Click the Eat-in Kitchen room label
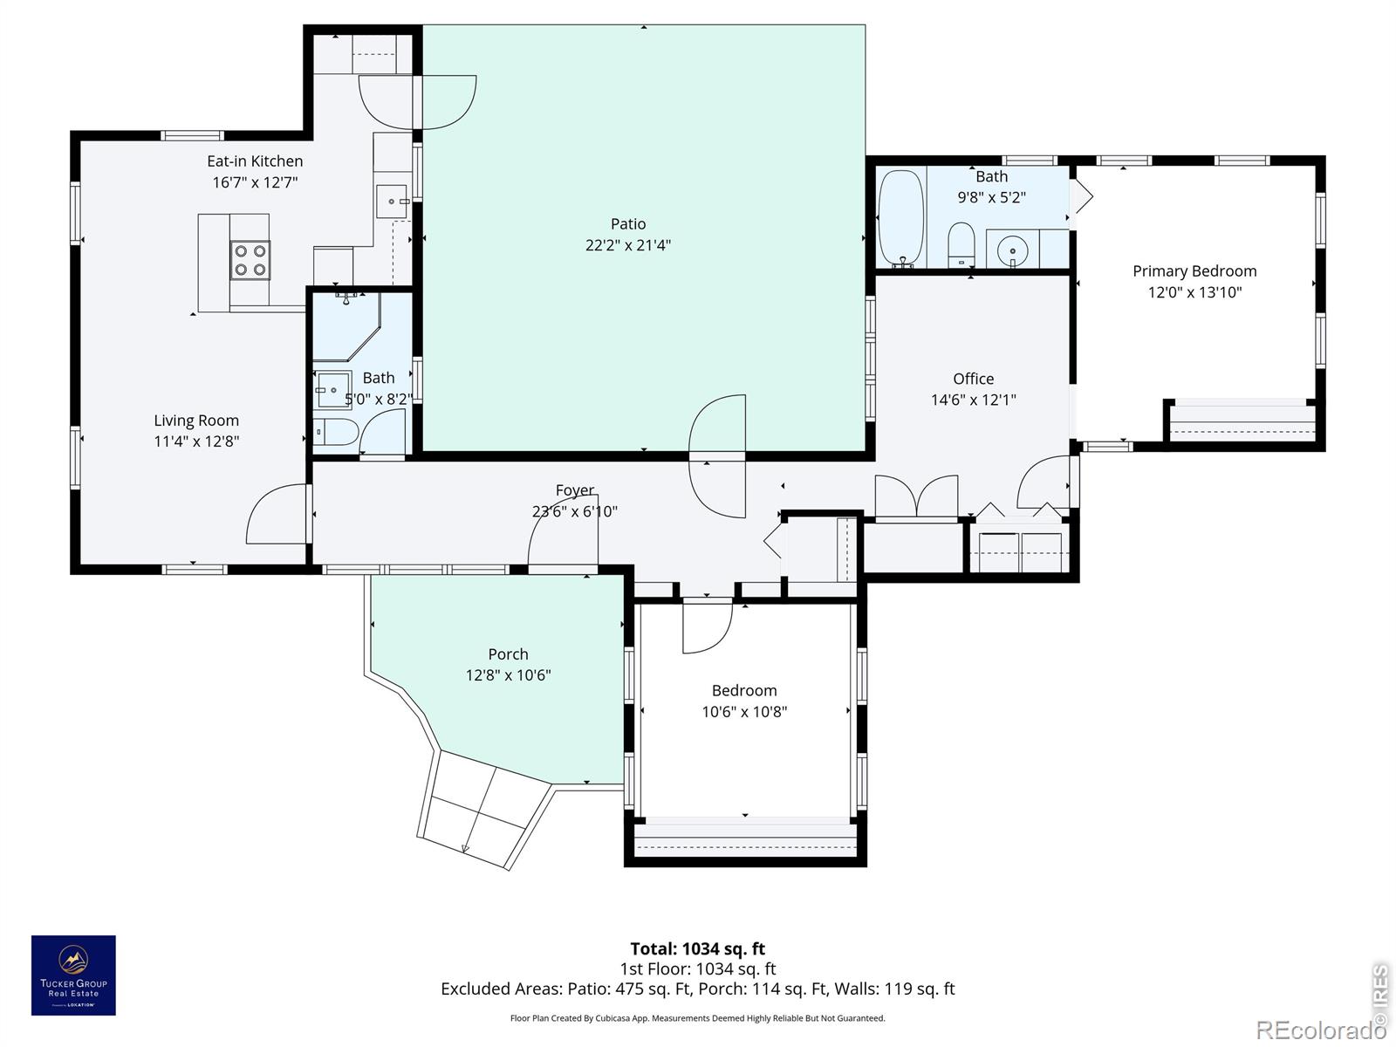coord(255,161)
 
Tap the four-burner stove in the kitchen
coord(250,260)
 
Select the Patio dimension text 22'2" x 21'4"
coord(627,245)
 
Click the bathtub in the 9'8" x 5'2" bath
coord(900,217)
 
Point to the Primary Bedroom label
coord(1194,271)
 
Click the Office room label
coord(973,379)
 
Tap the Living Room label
coord(196,421)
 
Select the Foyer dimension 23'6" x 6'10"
coord(575,511)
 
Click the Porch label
coord(508,654)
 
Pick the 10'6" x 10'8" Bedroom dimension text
coord(744,711)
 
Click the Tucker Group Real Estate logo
coord(74,975)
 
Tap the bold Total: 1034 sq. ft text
coord(698,948)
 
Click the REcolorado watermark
coord(1320,1030)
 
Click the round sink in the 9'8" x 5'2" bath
coord(1012,250)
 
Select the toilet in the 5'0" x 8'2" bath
coord(335,432)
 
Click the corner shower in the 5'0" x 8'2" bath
coord(346,326)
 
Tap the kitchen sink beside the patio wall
coord(392,202)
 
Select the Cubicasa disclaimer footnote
coord(698,1018)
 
